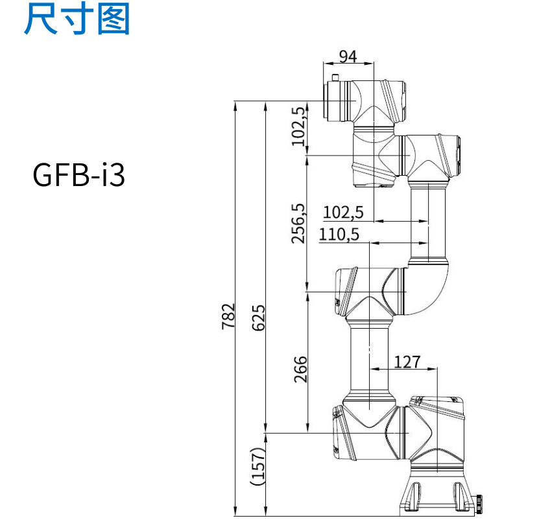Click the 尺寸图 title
click(77, 19)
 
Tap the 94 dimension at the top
click(348, 56)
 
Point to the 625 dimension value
click(258, 317)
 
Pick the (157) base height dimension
click(258, 465)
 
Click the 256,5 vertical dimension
click(298, 223)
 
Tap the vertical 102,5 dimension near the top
click(298, 125)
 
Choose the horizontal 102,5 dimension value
click(343, 212)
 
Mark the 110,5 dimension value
click(339, 234)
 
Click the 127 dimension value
click(407, 362)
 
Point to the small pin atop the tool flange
click(335, 78)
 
